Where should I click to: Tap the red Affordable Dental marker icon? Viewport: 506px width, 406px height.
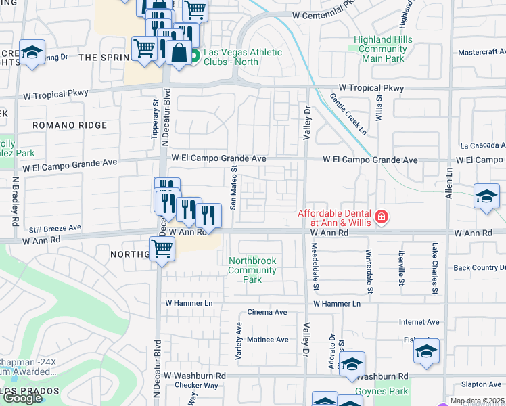tap(382, 217)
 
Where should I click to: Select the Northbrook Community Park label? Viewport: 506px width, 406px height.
tap(252, 270)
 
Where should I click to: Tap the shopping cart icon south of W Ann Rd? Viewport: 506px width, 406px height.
tap(162, 248)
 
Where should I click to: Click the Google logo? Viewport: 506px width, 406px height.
tap(22, 398)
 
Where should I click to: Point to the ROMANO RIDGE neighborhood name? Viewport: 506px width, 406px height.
tap(70, 125)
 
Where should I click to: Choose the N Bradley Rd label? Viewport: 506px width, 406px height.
tap(15, 202)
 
